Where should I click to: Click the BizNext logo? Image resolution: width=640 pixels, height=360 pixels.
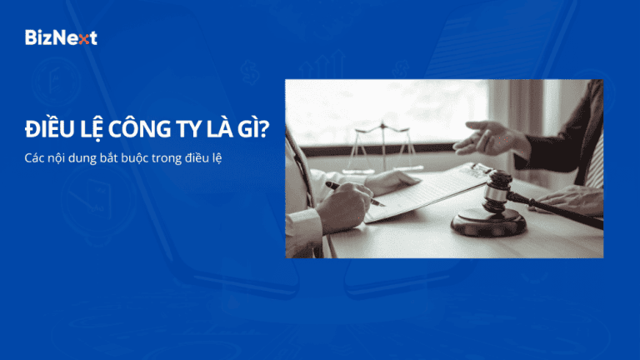(x=61, y=37)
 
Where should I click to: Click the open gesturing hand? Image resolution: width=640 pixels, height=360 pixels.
(x=491, y=137)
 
